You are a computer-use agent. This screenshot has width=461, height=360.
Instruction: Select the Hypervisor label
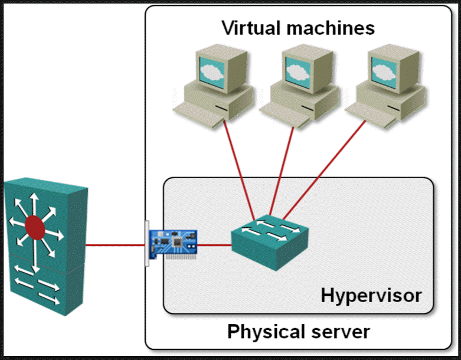click(371, 294)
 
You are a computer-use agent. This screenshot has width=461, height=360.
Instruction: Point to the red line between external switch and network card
click(115, 244)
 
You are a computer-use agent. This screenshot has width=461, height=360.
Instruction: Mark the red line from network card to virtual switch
click(214, 244)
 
